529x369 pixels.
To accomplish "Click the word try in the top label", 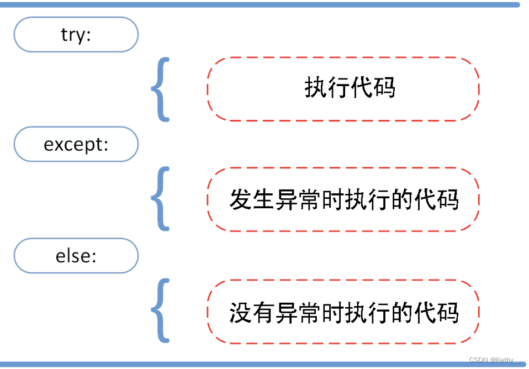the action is [x=72, y=35].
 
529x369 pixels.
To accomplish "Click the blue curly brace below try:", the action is [x=160, y=89].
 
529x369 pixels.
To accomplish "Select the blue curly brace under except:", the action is [x=160, y=199].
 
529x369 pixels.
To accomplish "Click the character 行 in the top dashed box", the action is [x=338, y=88].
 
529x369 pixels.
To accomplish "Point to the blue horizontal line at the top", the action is [x=260, y=5].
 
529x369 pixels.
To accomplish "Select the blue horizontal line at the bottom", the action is [x=260, y=365].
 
